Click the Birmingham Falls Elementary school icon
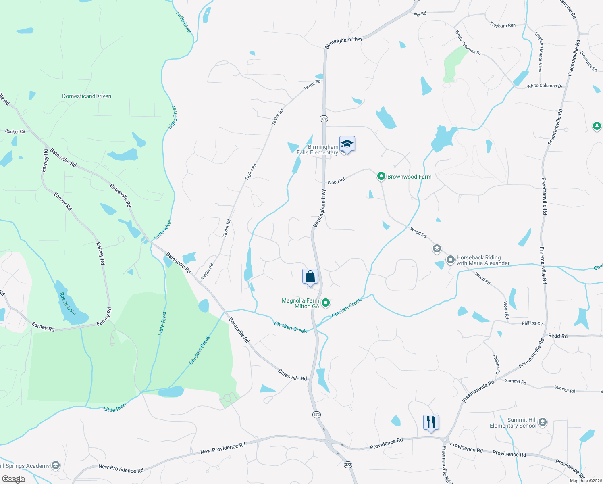pos(347,144)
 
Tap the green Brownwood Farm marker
pos(381,176)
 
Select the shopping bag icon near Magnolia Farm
pos(310,277)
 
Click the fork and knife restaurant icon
pos(431,423)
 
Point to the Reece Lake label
pos(67,304)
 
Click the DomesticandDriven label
pos(87,96)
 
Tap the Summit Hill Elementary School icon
pos(543,422)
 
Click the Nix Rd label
pos(420,14)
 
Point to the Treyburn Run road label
pos(503,25)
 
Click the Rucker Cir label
pos(15,131)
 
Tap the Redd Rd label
pos(558,336)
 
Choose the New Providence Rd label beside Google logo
pos(121,469)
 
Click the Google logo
pos(14,479)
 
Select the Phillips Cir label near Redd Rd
pos(532,323)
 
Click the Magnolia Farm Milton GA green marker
pos(326,302)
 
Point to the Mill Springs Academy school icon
pos(55,465)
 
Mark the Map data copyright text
pos(586,481)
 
